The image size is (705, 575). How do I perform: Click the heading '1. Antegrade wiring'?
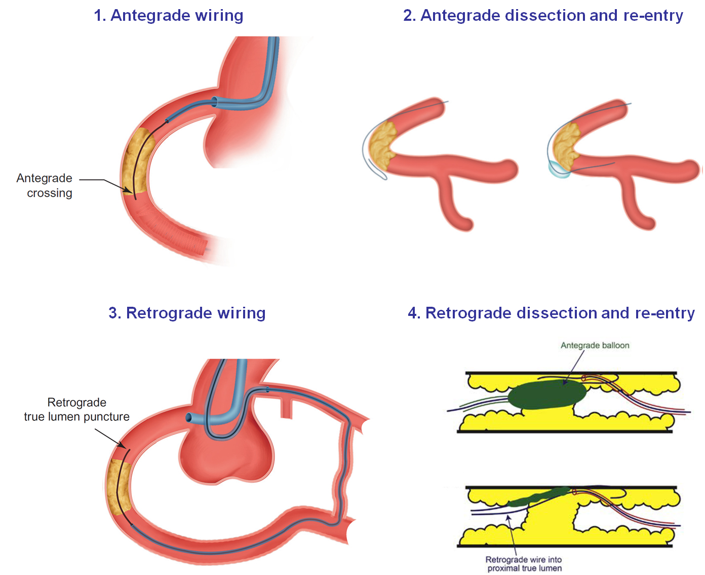169,15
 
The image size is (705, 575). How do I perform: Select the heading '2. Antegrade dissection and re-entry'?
543,15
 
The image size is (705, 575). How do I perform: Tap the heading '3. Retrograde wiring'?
187,313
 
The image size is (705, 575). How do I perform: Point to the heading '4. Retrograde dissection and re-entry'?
551,313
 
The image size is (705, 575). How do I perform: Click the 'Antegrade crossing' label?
45,186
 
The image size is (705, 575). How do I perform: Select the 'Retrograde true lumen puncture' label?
76,410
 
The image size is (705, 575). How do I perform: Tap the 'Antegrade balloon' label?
595,345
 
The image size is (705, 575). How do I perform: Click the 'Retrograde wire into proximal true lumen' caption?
524,564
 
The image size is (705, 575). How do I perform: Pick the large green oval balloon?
547,395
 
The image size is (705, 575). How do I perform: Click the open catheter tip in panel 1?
215,101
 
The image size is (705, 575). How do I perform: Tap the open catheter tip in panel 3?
189,418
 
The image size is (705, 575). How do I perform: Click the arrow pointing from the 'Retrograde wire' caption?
512,535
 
